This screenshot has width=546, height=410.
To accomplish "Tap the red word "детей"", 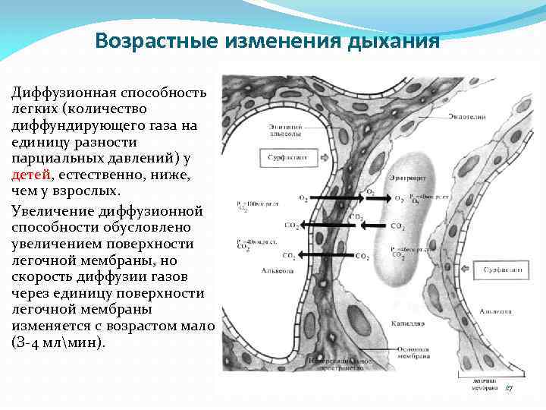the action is click(31, 175).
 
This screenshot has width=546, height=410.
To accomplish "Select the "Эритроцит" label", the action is click(408, 177).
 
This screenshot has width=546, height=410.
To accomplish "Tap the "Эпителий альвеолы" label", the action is click(284, 129).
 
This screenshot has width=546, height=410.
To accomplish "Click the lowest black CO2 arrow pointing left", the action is click(329, 255).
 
